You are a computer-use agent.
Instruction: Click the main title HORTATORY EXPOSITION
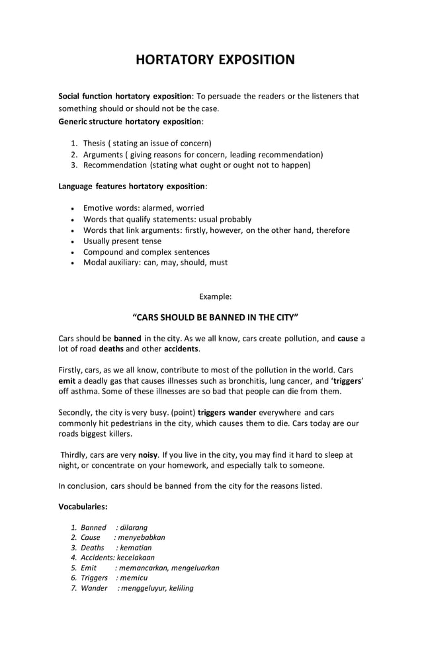(x=215, y=60)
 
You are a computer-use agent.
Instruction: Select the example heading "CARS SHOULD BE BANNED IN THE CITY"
(x=216, y=316)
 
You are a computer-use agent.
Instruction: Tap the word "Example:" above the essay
(x=215, y=296)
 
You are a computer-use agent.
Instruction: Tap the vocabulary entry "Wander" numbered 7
(x=94, y=587)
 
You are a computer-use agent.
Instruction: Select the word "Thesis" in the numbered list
(x=95, y=143)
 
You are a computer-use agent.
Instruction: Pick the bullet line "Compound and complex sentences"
(x=146, y=251)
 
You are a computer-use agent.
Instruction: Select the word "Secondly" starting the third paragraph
(x=77, y=412)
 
